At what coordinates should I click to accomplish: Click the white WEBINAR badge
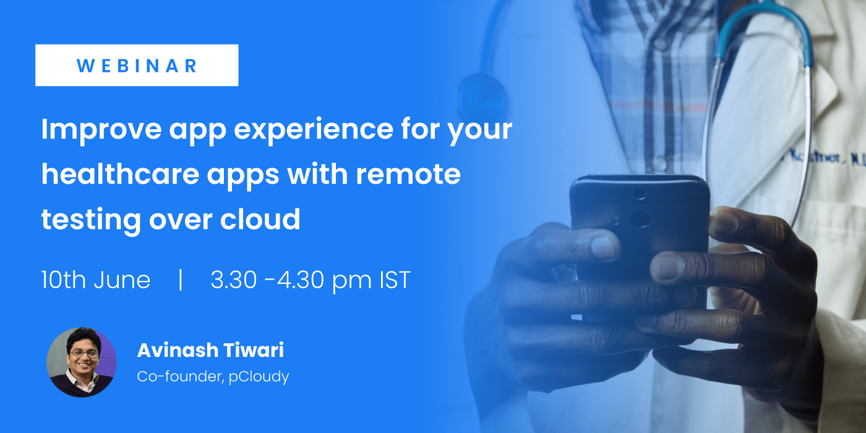[x=137, y=66]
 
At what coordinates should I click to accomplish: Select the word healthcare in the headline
[x=120, y=174]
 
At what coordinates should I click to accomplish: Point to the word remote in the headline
[x=408, y=174]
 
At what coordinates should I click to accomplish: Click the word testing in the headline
[x=91, y=220]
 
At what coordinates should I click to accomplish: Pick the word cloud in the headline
[x=260, y=218]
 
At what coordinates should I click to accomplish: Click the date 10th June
[x=96, y=280]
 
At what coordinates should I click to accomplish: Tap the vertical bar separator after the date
[x=181, y=280]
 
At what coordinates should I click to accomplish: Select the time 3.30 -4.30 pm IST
[x=311, y=280]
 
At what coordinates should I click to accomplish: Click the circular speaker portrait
[x=82, y=362]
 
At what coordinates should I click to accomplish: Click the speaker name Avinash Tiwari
[x=211, y=350]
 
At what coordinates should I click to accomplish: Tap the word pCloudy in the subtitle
[x=259, y=377]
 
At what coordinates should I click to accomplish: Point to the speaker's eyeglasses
[x=84, y=353]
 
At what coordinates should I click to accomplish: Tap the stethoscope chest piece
[x=482, y=98]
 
